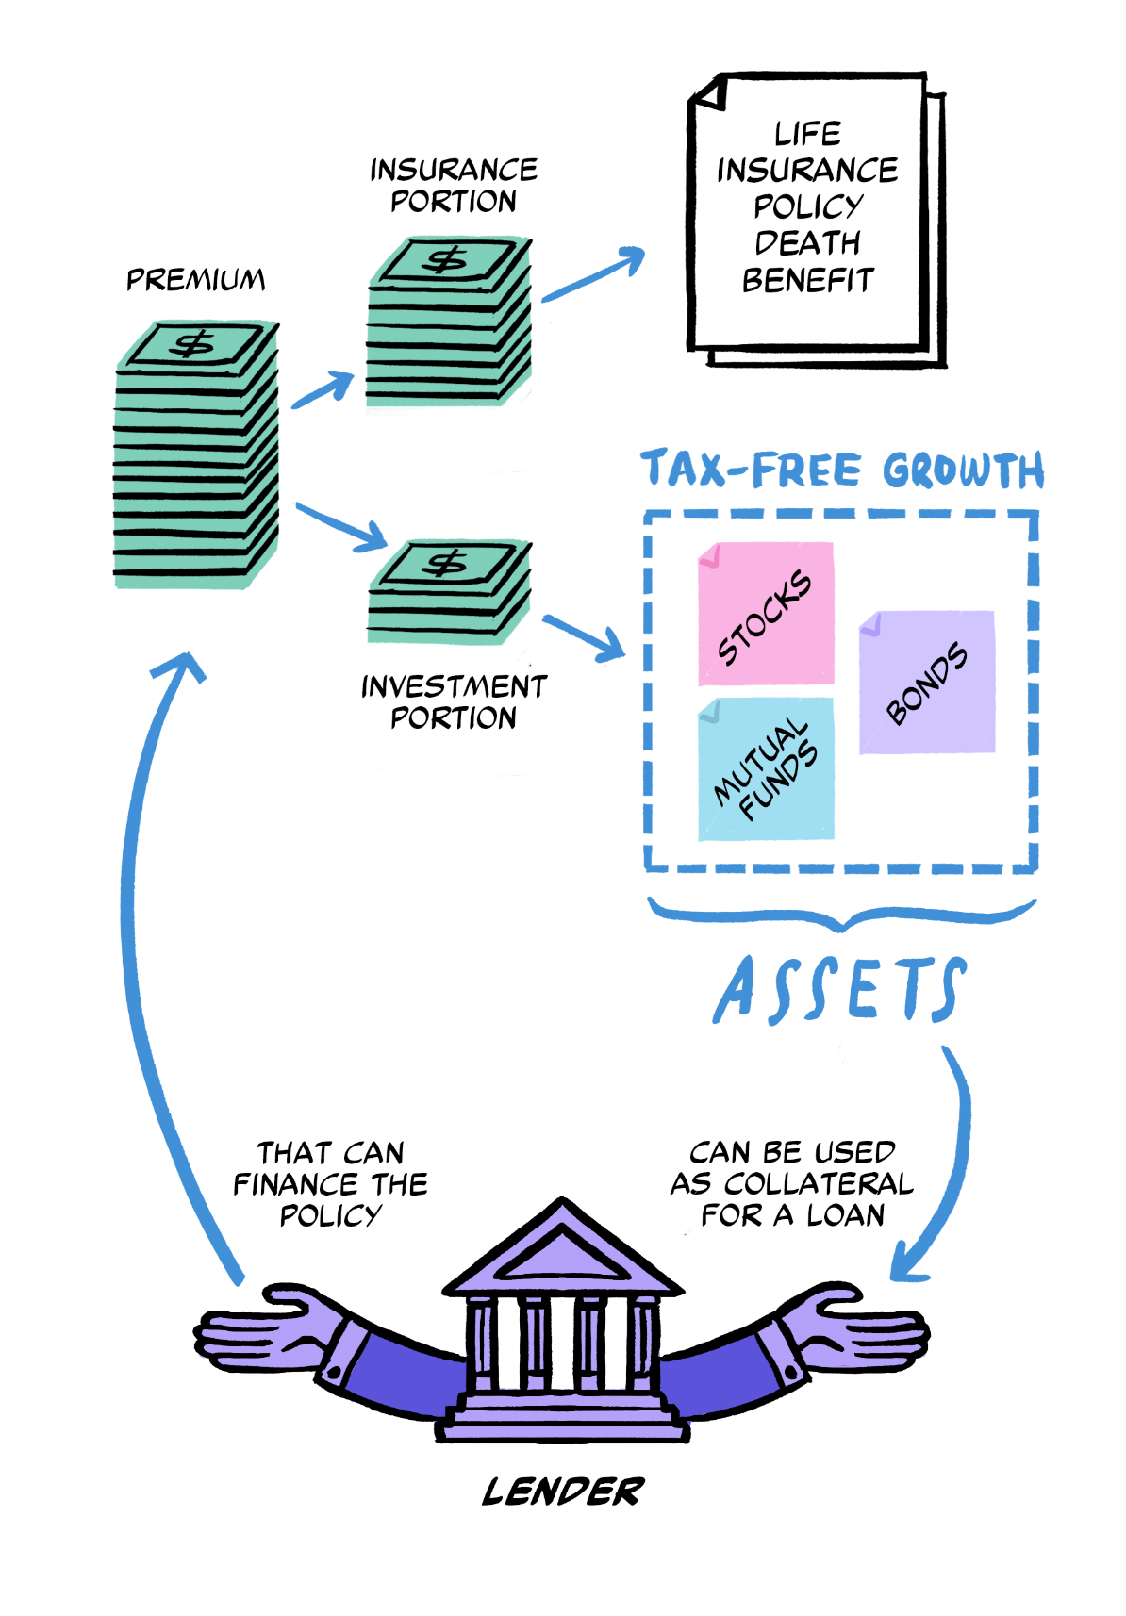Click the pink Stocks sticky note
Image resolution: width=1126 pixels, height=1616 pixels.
(766, 614)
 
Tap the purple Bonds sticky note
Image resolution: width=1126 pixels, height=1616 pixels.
(927, 682)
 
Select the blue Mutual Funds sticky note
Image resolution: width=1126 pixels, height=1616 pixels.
(766, 769)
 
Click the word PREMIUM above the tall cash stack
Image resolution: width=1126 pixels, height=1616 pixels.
(196, 280)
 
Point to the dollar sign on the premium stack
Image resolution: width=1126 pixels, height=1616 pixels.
(195, 344)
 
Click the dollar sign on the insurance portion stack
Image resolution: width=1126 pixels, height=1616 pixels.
(446, 259)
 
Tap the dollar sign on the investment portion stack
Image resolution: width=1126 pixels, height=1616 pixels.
(445, 564)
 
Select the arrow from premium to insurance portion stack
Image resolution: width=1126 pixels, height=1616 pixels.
(323, 389)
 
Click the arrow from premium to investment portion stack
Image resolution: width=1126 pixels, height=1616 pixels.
(341, 526)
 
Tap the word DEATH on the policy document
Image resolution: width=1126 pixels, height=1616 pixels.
(807, 243)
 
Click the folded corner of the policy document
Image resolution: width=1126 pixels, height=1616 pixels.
(709, 92)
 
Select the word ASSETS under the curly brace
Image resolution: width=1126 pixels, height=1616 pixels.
(839, 989)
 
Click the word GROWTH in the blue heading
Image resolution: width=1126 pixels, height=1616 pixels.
(963, 470)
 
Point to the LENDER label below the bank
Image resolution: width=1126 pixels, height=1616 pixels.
(563, 1492)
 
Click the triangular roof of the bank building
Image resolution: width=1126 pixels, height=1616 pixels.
(563, 1249)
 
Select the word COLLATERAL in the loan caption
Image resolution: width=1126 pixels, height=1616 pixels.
(819, 1183)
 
